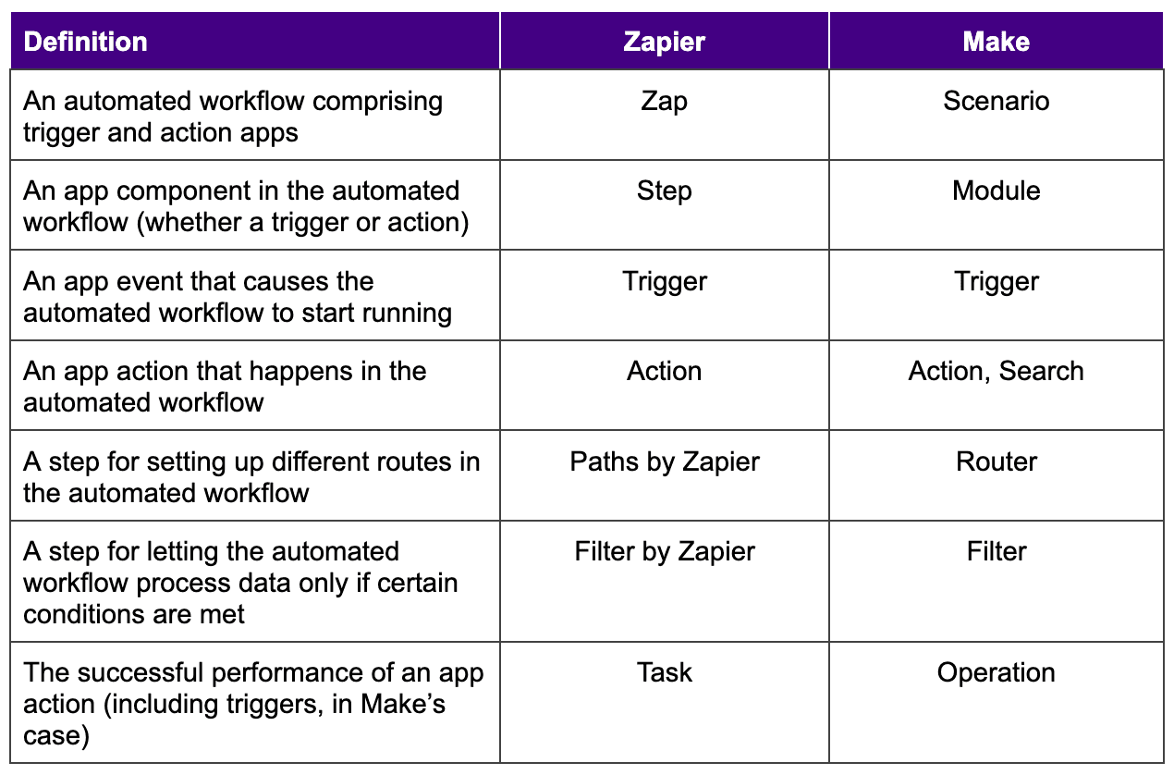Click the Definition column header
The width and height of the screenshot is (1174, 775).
(85, 42)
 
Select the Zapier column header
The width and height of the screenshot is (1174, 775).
(664, 42)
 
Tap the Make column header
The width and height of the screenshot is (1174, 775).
(996, 42)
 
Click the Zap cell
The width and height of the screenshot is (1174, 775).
(664, 101)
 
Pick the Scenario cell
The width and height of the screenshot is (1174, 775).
(996, 101)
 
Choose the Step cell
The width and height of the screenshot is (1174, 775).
(664, 191)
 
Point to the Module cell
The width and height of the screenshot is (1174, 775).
(996, 191)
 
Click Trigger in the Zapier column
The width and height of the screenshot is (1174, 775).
(664, 281)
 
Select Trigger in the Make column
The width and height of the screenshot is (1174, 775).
(996, 281)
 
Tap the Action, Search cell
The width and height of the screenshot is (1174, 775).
(996, 371)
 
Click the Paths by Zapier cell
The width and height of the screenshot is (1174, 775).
(664, 461)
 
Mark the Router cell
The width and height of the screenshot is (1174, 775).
(996, 461)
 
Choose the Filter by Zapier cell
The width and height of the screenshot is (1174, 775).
(664, 552)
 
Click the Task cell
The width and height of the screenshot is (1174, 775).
(664, 672)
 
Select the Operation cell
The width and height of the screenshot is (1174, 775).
(996, 672)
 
